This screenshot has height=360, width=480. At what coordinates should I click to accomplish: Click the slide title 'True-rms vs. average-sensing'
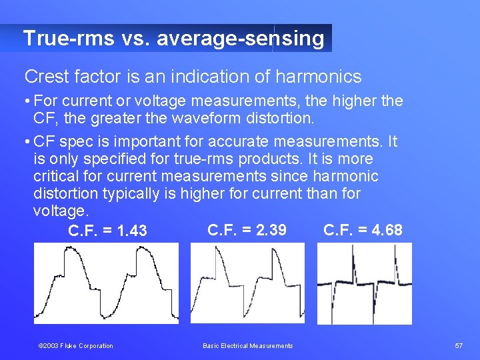(x=173, y=39)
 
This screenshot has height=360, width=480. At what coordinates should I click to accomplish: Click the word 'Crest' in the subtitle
(x=47, y=77)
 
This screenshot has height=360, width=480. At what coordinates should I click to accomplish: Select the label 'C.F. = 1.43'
(x=107, y=231)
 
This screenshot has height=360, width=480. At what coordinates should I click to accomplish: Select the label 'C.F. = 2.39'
(x=247, y=230)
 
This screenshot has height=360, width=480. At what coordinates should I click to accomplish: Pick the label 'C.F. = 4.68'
(x=363, y=230)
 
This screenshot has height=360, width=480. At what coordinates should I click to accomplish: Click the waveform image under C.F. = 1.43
(x=107, y=283)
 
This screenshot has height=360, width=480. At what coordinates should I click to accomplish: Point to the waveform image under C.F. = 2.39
(x=247, y=283)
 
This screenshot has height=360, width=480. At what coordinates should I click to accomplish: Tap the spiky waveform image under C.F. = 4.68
(x=364, y=283)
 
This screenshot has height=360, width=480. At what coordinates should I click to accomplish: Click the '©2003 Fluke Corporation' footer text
(x=75, y=345)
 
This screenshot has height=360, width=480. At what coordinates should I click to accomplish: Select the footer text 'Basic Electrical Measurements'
(x=247, y=345)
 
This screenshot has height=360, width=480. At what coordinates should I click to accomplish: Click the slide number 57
(x=459, y=345)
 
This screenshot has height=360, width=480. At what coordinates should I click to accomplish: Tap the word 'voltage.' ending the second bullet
(x=60, y=211)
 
